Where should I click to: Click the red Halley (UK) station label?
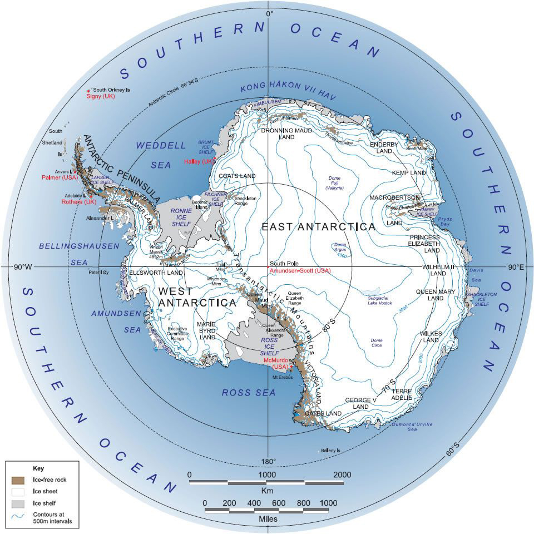point(199,161)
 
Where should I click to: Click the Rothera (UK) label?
point(76,202)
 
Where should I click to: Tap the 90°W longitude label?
point(24,268)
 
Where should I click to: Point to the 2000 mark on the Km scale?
point(342,474)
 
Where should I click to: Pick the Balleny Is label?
point(330,450)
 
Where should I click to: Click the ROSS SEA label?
point(249,393)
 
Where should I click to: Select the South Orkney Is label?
point(111,90)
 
